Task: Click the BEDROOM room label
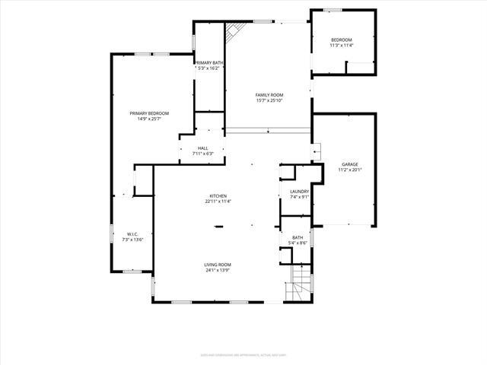tap(341, 40)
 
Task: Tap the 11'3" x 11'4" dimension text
tap(341, 45)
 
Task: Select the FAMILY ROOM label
tap(269, 95)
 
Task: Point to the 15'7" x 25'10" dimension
tap(269, 100)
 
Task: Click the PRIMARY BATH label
tap(208, 63)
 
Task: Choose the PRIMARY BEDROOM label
tap(148, 113)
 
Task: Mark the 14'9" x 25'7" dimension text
tap(148, 119)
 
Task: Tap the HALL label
tap(202, 148)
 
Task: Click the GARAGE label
tap(350, 164)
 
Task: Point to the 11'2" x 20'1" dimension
tap(350, 170)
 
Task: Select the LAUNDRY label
tap(299, 191)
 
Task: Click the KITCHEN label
tap(218, 196)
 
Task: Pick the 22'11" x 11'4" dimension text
tap(218, 202)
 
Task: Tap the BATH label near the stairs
tap(298, 237)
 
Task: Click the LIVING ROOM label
tap(218, 265)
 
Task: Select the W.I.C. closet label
tap(132, 234)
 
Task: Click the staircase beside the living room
tap(302, 283)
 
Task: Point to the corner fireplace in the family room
tap(234, 32)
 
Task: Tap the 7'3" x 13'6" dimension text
tap(132, 240)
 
